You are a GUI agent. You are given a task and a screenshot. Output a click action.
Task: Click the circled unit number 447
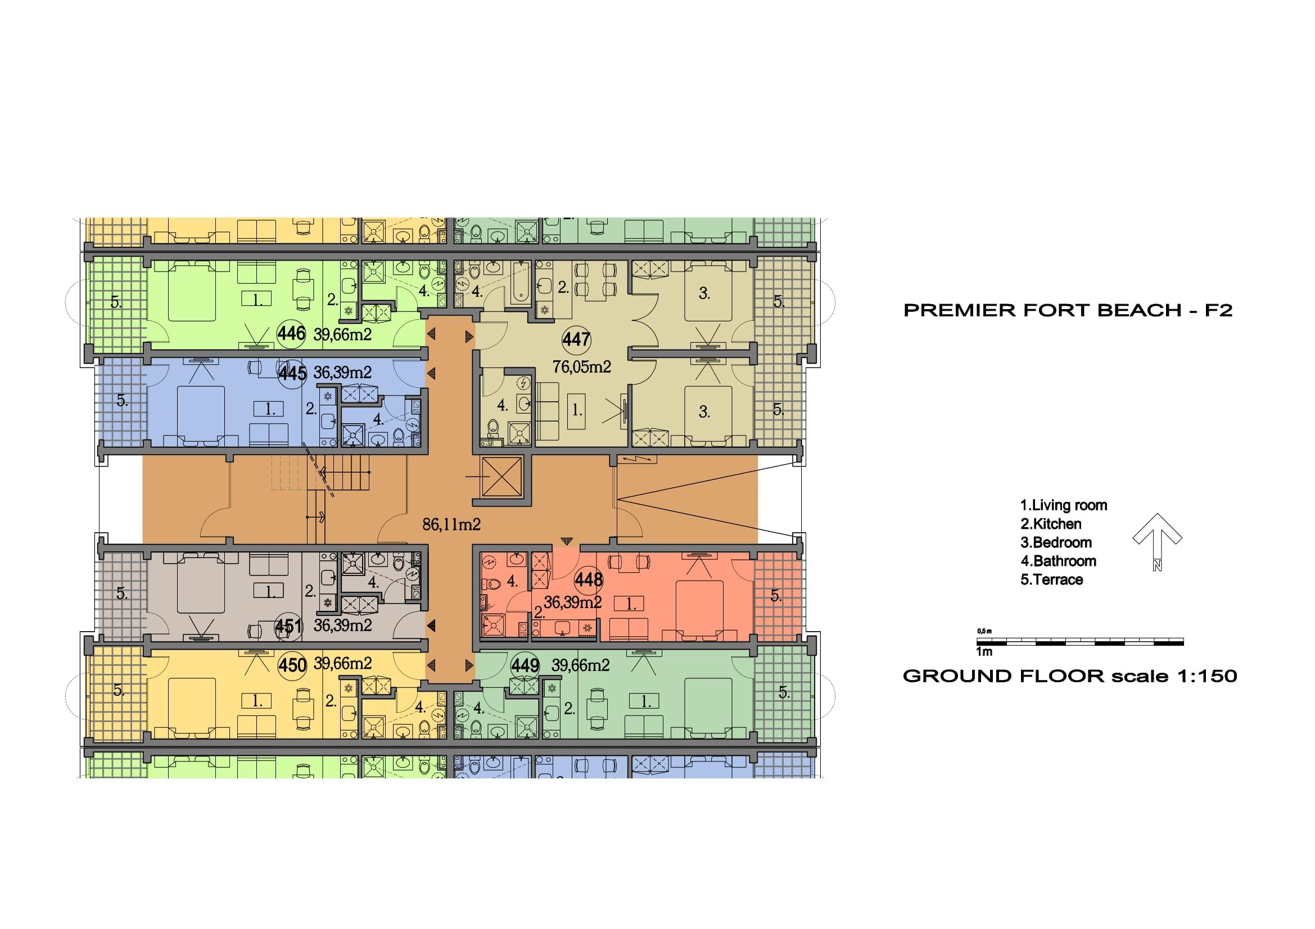click(x=576, y=340)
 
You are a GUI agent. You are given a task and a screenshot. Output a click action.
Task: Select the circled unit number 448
click(x=589, y=581)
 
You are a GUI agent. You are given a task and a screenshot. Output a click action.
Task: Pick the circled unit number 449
click(x=525, y=665)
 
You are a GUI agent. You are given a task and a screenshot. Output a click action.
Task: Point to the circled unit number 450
click(x=292, y=665)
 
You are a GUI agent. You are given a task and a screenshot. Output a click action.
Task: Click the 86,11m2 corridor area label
click(x=451, y=524)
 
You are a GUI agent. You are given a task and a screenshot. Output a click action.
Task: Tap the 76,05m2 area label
click(x=581, y=366)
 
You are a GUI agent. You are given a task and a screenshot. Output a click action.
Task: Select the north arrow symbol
click(x=1158, y=541)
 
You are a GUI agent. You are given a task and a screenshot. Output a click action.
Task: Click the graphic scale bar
click(x=1080, y=642)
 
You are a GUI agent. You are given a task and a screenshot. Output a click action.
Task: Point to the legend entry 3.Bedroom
click(x=1056, y=543)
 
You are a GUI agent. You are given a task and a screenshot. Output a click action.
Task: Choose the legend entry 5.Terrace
click(x=1051, y=580)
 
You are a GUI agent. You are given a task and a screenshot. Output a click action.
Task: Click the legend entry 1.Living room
click(x=1064, y=505)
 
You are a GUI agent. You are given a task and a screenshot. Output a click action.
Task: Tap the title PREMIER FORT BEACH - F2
click(x=1068, y=310)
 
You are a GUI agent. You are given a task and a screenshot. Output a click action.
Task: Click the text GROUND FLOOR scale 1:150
click(x=1070, y=676)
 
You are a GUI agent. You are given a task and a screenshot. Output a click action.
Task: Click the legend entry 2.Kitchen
click(x=1051, y=524)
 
